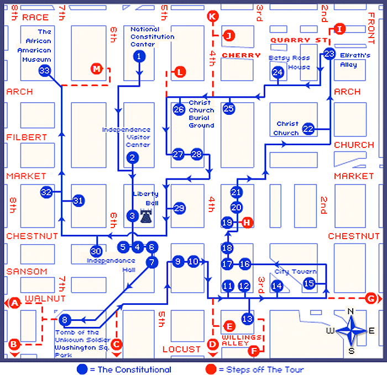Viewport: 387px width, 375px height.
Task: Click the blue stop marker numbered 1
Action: (x=139, y=56)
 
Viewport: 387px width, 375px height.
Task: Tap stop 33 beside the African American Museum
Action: (x=45, y=71)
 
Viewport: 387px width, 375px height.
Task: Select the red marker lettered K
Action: (x=212, y=17)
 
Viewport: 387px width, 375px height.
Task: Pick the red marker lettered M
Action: (x=97, y=68)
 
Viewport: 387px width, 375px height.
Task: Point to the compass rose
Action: (x=350, y=332)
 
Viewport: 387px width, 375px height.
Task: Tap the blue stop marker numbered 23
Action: (x=330, y=54)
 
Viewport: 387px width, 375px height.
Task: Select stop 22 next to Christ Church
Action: (x=308, y=129)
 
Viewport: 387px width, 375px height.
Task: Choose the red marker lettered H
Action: (x=247, y=222)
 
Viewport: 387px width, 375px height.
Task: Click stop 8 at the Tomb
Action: (x=65, y=319)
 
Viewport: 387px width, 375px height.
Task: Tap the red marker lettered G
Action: (x=370, y=298)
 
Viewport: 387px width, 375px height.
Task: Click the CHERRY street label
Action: (x=241, y=55)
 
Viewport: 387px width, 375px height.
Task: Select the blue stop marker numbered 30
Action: (x=96, y=250)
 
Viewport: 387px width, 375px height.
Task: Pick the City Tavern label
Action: (x=295, y=271)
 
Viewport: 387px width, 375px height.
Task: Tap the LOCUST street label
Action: (x=181, y=349)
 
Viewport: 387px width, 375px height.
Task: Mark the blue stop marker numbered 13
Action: (x=247, y=318)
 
